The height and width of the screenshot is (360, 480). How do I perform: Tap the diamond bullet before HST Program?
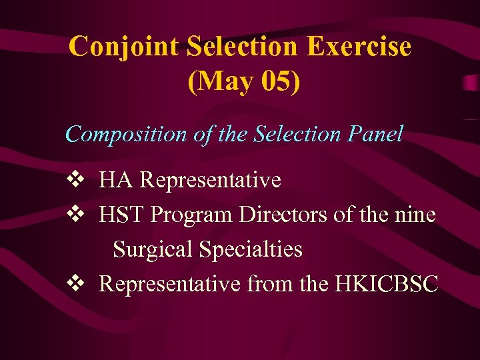(x=75, y=215)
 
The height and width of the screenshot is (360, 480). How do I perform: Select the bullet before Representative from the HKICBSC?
(x=75, y=284)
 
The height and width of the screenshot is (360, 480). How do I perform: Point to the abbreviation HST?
(x=122, y=215)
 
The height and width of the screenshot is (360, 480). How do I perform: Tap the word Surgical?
(x=153, y=250)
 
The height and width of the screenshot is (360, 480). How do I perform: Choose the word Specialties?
(x=251, y=250)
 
